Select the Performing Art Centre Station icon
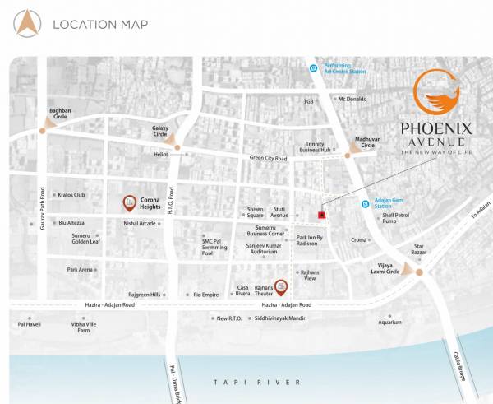pos(312,69)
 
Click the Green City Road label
pos(268,158)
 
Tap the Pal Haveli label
pos(29,324)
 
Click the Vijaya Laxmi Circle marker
pos(419,272)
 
